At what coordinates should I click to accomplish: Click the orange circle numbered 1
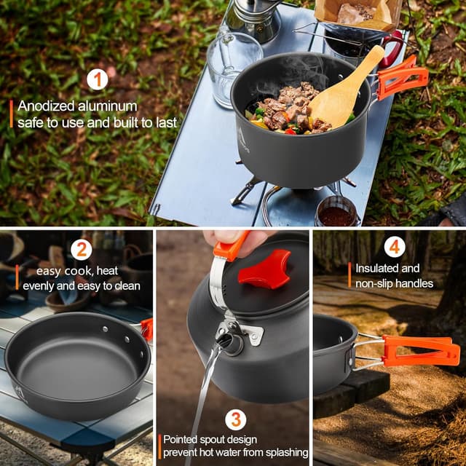[x=98, y=79]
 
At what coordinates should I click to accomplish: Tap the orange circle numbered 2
[x=82, y=249]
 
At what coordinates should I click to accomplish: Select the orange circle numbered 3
[x=235, y=419]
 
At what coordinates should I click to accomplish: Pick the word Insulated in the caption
[x=377, y=269]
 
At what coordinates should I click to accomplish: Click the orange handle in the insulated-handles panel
[x=421, y=351]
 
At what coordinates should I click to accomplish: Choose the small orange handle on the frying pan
[x=147, y=329]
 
